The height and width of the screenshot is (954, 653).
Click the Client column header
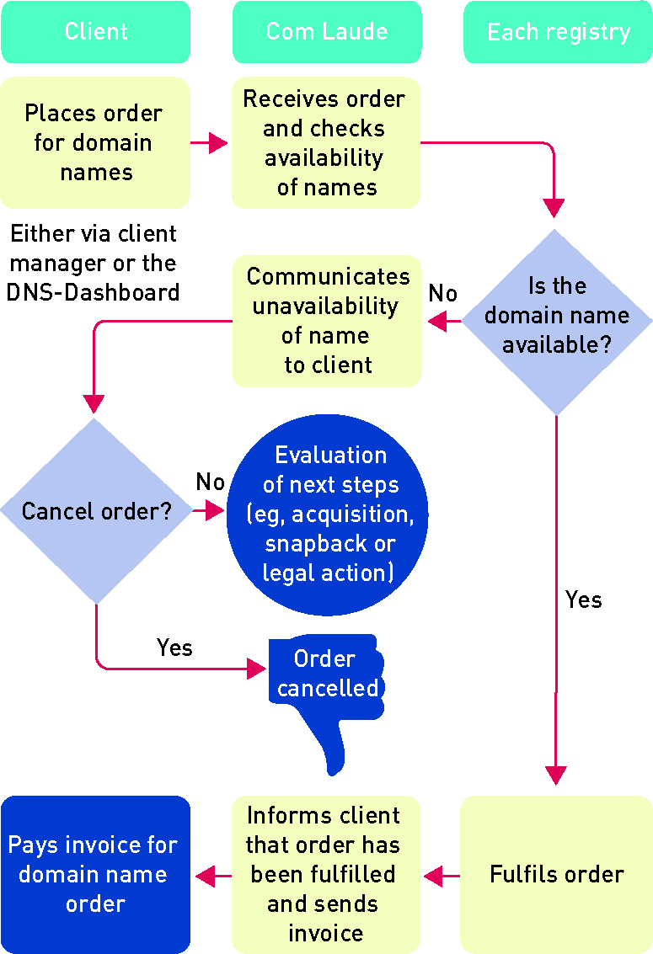95,32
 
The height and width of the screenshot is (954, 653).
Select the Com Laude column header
326,32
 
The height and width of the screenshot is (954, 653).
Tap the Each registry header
558,32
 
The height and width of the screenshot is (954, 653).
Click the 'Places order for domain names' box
95,142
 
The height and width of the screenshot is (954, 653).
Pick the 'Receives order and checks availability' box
326,142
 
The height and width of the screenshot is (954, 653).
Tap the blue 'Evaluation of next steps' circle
328,514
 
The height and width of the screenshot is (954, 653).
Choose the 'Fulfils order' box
556,874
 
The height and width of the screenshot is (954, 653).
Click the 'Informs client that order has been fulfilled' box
326,874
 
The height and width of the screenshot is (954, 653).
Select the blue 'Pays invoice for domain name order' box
95,874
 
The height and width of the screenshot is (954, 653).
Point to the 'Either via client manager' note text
94,263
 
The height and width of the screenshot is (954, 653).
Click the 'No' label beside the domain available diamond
443,293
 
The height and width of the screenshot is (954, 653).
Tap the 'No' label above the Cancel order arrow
211,482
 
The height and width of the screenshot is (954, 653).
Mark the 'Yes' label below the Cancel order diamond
174,648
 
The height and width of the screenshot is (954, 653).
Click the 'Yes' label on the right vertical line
584,600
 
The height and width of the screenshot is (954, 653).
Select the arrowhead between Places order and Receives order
219,143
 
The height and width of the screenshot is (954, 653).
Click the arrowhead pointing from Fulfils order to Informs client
433,877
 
